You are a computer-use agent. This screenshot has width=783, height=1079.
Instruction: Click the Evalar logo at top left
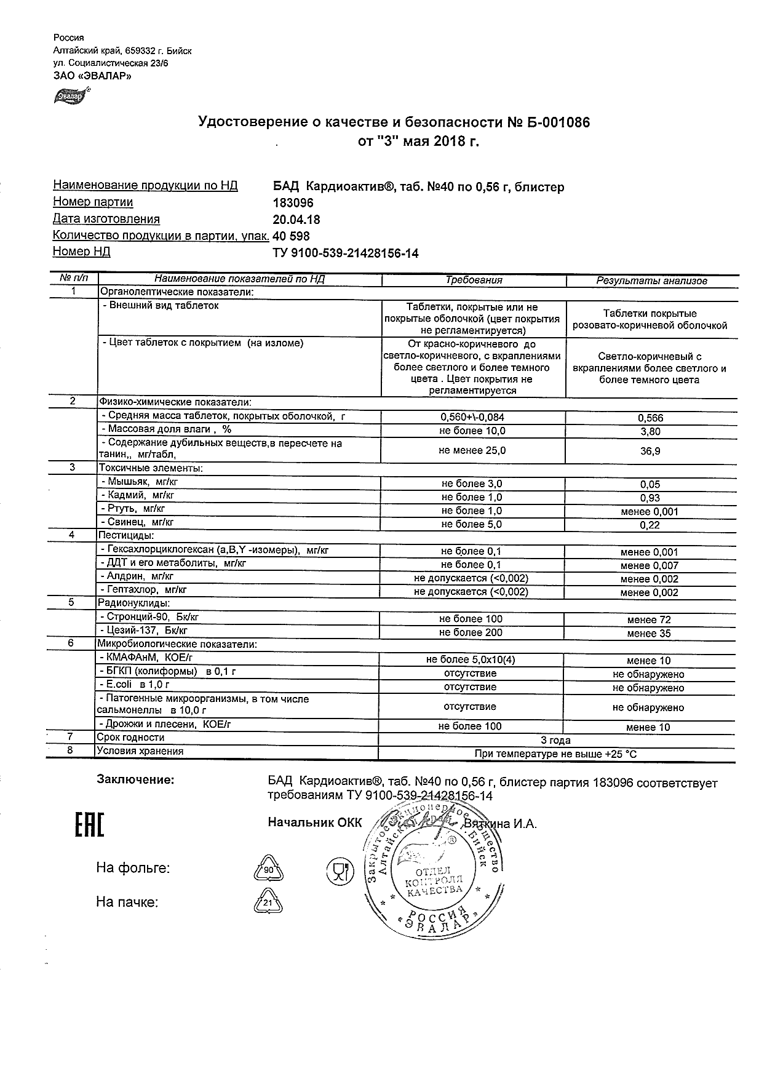(71, 96)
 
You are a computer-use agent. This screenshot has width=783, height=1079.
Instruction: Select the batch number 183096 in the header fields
(293, 203)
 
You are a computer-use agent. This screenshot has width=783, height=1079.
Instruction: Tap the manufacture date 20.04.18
(296, 220)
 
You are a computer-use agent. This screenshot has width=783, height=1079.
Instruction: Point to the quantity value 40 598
(292, 236)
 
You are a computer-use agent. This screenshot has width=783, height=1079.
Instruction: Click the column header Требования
(474, 280)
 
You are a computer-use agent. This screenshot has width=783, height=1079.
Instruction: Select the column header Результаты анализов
(651, 281)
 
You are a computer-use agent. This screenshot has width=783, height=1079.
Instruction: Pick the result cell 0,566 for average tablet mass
(651, 418)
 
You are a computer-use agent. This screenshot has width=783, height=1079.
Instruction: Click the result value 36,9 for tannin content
(651, 451)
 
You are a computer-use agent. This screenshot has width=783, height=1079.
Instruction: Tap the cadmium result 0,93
(651, 498)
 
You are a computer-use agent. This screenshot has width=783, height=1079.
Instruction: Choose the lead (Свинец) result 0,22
(651, 525)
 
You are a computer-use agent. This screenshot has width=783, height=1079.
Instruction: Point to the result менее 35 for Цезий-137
(649, 633)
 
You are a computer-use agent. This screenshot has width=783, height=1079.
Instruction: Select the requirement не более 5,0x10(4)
(471, 660)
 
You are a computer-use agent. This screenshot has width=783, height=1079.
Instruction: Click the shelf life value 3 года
(555, 739)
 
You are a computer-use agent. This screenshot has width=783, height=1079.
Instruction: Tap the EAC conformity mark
(90, 825)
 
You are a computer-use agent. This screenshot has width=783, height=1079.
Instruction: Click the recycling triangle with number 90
(268, 870)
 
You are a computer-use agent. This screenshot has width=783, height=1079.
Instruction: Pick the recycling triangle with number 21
(268, 903)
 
